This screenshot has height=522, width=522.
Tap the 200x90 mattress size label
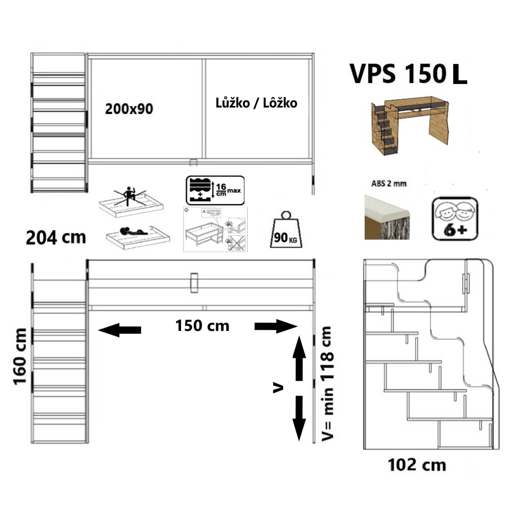[129, 109]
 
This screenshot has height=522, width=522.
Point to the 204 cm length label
[56, 238]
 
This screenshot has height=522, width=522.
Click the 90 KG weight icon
[286, 230]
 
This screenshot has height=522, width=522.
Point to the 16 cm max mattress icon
[215, 190]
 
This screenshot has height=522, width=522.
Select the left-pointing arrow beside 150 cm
[119, 330]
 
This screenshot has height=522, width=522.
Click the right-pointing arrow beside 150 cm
[276, 326]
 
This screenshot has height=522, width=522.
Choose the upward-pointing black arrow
[299, 358]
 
